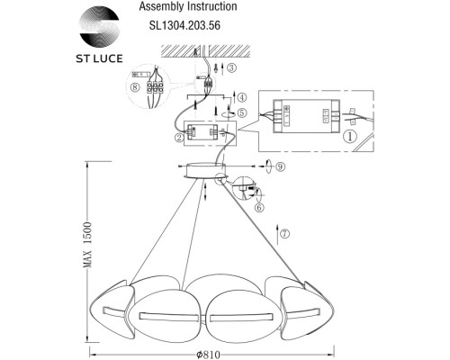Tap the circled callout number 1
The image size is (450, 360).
tap(349, 136)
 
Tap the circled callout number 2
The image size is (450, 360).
tap(179, 137)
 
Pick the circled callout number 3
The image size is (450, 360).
tap(232, 67)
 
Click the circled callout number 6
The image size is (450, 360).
tap(258, 206)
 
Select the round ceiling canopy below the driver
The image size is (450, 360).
tap(207, 169)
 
